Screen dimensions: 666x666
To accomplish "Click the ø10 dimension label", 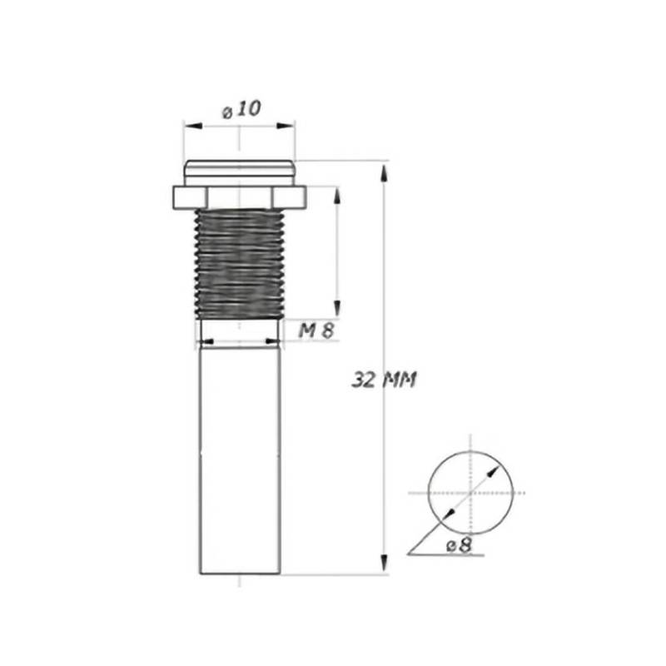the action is click(241, 110).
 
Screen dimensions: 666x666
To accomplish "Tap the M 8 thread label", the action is click(316, 330).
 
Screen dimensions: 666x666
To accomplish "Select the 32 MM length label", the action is click(384, 380).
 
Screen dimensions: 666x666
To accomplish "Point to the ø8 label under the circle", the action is click(460, 545).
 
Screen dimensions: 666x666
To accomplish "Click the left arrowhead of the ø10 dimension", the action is click(193, 126).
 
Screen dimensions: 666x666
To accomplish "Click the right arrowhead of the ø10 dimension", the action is click(285, 126).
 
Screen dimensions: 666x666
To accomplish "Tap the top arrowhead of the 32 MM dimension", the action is click(384, 173).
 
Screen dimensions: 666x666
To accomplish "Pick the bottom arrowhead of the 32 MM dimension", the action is click(384, 564).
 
